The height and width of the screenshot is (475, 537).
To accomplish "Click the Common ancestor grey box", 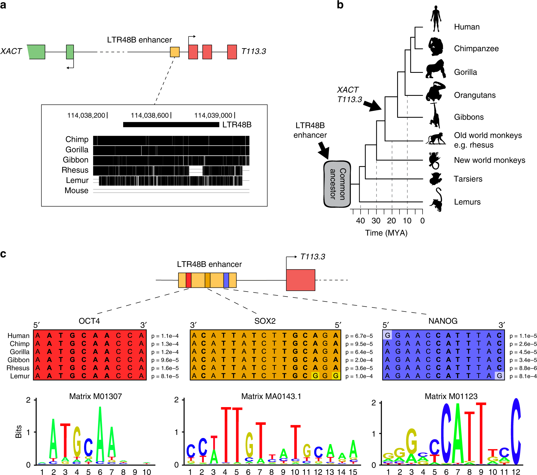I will (337, 184).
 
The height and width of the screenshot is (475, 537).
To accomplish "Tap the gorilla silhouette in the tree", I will (435, 69).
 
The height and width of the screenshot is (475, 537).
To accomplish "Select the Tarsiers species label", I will (468, 179).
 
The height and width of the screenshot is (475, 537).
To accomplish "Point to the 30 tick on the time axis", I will (376, 221).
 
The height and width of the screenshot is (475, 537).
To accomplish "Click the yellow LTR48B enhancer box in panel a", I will (175, 52).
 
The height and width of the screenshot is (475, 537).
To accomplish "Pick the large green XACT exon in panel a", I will (37, 52).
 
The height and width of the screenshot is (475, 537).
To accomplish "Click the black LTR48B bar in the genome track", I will (171, 125).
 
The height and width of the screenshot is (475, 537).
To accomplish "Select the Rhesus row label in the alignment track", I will (75, 170).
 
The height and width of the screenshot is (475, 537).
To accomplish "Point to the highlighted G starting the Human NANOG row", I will (387, 335).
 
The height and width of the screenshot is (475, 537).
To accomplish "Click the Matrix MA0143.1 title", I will (271, 396).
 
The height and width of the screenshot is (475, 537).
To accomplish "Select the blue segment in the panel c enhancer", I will (226, 280).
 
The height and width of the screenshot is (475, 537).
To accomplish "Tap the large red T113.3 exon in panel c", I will (301, 280).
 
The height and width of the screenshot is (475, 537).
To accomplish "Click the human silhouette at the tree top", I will (435, 19).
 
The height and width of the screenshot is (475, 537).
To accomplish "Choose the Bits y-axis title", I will (19, 431).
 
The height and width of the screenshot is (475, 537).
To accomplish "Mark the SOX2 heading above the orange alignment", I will (265, 321).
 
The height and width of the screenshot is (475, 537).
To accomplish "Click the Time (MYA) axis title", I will (386, 233).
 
